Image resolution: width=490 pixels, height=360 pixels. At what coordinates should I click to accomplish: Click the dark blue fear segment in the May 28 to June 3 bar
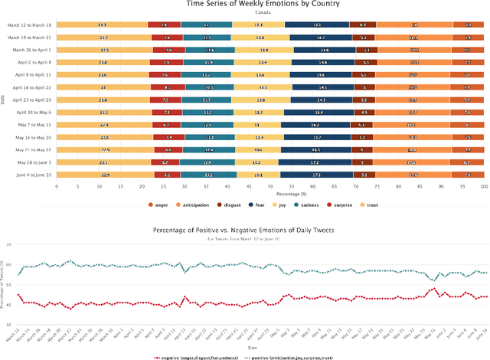point(317,162)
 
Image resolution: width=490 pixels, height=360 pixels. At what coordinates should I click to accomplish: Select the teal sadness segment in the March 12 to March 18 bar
point(207,25)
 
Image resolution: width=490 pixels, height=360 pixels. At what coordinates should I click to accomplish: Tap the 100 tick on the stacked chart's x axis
point(483,186)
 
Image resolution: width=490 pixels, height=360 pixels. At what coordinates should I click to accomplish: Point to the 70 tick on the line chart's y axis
point(10,244)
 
